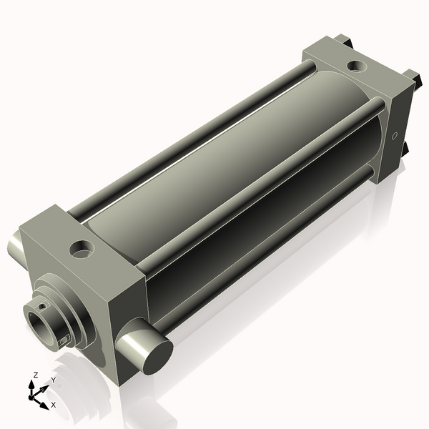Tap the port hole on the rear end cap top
355,66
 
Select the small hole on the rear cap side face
394,134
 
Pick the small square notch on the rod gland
66,339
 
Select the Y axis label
54,380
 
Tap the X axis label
54,405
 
